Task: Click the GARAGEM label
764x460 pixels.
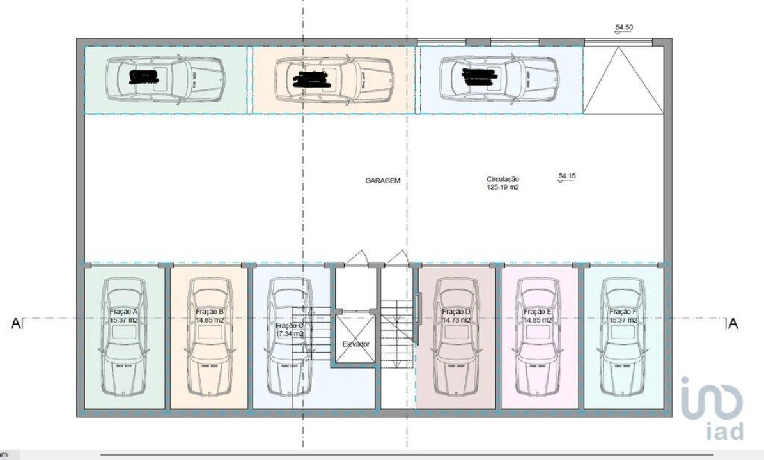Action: click(383, 181)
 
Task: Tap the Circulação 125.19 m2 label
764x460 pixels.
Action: click(503, 184)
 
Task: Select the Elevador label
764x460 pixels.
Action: click(355, 344)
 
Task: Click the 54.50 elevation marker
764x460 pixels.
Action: click(624, 28)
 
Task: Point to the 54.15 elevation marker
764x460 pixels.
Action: click(567, 176)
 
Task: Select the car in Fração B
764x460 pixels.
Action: click(208, 339)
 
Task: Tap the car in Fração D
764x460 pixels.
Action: click(456, 339)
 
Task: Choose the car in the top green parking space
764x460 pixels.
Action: click(166, 79)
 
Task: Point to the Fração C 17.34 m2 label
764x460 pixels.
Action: click(289, 329)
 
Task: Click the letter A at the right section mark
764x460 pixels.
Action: click(733, 324)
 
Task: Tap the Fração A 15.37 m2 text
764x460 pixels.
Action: click(124, 316)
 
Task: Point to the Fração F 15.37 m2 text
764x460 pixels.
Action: click(622, 316)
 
